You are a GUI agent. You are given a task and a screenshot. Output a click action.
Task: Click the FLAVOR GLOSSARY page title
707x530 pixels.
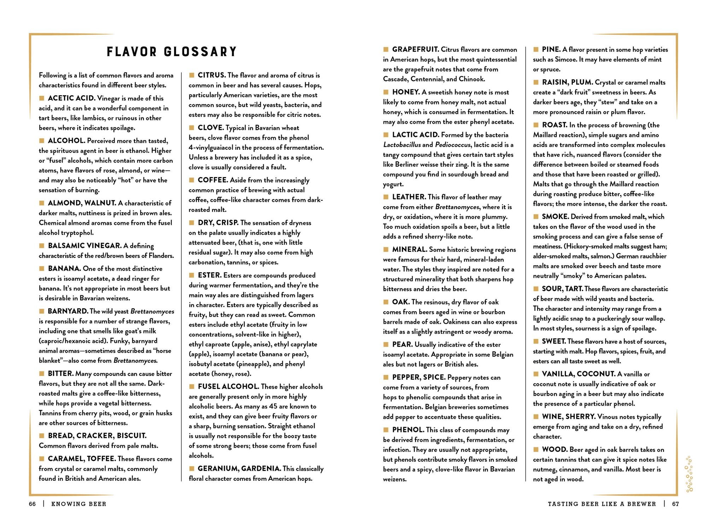tap(171, 52)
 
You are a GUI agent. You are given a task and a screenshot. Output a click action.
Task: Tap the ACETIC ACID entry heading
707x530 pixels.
tap(71, 98)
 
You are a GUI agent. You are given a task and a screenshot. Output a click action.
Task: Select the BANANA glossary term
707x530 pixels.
tap(64, 269)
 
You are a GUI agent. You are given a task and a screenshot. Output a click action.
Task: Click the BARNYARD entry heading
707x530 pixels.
tap(68, 311)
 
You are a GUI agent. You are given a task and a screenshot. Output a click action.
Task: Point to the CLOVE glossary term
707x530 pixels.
tap(211, 128)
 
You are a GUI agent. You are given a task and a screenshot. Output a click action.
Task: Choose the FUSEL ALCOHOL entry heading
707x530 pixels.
tap(228, 387)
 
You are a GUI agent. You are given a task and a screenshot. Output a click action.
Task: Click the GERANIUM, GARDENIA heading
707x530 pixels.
tap(239, 469)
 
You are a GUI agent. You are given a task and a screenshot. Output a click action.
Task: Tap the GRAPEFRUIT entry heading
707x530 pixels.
tap(415, 49)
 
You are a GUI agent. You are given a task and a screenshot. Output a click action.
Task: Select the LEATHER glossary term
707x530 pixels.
tap(409, 197)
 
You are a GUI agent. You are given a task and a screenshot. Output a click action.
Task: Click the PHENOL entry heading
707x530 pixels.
tap(408, 430)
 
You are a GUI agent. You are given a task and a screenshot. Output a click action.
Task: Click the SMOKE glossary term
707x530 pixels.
tap(555, 217)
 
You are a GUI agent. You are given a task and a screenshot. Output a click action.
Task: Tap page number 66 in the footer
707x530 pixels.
tap(33, 504)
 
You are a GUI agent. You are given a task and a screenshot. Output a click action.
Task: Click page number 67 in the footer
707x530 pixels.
tap(675, 504)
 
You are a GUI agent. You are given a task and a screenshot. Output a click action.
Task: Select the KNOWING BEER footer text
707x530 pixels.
tap(78, 504)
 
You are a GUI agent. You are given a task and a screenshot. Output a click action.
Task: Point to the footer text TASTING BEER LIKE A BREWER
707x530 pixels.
tap(602, 504)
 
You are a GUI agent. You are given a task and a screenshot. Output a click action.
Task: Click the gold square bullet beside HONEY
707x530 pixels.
tap(386, 92)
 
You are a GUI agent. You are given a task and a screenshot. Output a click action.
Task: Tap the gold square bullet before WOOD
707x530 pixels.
tap(536, 449)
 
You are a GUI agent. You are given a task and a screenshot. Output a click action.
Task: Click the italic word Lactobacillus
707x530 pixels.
tap(402, 145)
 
